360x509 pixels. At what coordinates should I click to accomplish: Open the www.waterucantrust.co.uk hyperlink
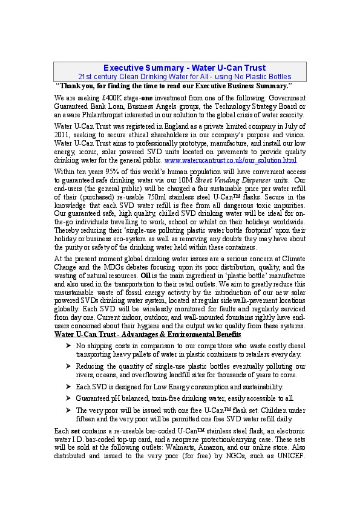pyautogui.click(x=231, y=160)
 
